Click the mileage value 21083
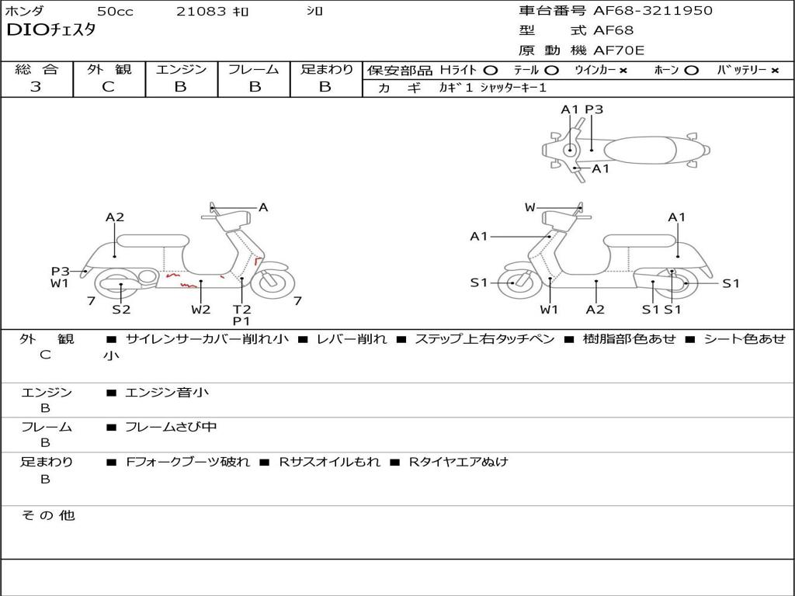pos(201,12)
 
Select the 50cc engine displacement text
pos(115,12)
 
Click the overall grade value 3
pos(36,87)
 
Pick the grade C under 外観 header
pos(108,87)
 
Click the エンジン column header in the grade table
pos(181,69)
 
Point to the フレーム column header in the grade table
pos(253,69)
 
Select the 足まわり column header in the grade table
pos(326,69)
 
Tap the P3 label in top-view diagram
pos(594,109)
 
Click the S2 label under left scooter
pos(121,309)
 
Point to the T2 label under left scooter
pos(241,309)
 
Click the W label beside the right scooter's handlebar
pos(530,207)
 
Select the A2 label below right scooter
pos(595,309)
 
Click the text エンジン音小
pos(167,393)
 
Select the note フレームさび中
pos(171,427)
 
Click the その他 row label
pos(47,515)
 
